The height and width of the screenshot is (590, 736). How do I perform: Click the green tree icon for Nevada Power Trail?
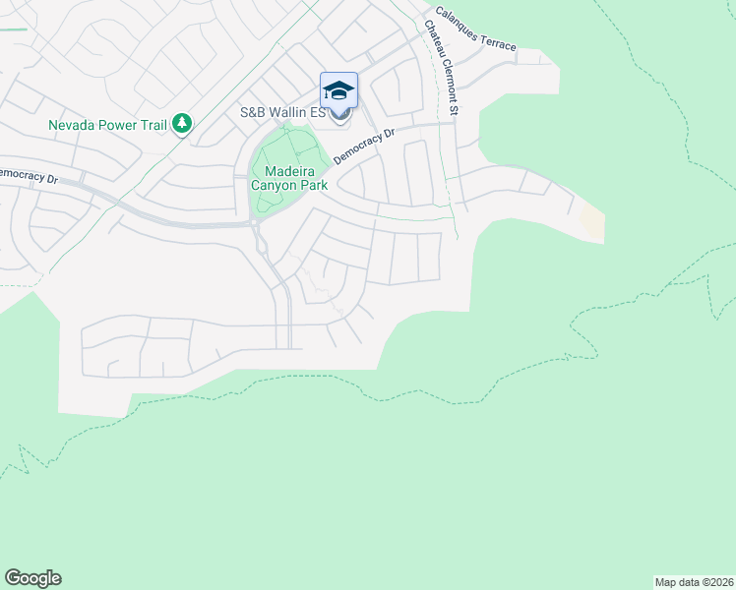181,124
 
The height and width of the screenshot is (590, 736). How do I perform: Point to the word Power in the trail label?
118,125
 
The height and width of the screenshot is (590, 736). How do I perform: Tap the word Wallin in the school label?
291,112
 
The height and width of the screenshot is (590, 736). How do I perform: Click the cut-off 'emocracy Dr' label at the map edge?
29,175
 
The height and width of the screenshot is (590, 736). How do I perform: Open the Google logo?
32,578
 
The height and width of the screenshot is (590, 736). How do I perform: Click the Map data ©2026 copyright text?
694,581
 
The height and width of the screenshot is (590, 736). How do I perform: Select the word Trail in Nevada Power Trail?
153,125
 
